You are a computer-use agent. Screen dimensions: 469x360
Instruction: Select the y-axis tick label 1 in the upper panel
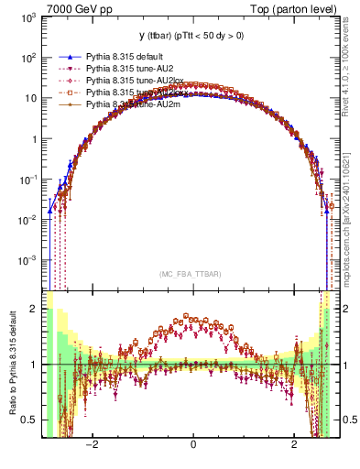[33, 139]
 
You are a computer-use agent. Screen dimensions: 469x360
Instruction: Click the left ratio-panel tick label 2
[34, 309]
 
